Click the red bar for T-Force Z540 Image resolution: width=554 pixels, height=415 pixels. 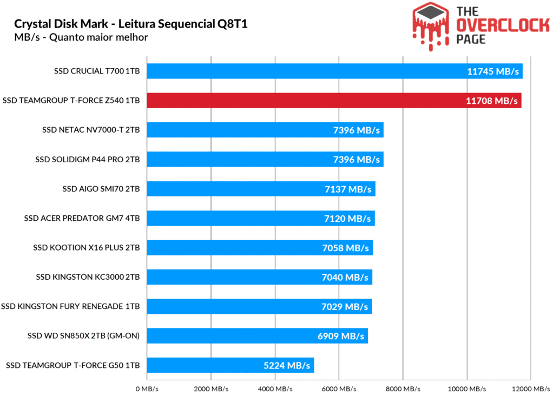click(x=303, y=100)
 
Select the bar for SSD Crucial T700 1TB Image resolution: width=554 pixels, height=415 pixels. click(x=303, y=71)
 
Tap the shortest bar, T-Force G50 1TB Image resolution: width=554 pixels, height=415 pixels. click(x=206, y=365)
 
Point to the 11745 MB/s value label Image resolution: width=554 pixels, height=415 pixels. click(x=493, y=71)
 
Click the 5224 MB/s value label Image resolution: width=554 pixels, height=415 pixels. click(x=287, y=365)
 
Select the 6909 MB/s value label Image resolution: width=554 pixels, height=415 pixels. click(x=341, y=336)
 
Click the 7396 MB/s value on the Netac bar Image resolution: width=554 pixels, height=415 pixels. click(x=356, y=130)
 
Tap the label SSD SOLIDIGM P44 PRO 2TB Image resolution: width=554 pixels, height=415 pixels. click(x=88, y=159)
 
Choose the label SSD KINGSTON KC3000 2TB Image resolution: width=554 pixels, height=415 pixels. click(x=88, y=277)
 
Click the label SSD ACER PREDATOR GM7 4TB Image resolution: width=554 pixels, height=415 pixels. click(x=82, y=218)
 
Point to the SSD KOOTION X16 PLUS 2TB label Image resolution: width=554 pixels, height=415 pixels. click(x=87, y=248)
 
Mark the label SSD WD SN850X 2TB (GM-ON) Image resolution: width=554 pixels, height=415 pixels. click(x=84, y=336)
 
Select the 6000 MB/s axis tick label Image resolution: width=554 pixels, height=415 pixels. click(x=338, y=389)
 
